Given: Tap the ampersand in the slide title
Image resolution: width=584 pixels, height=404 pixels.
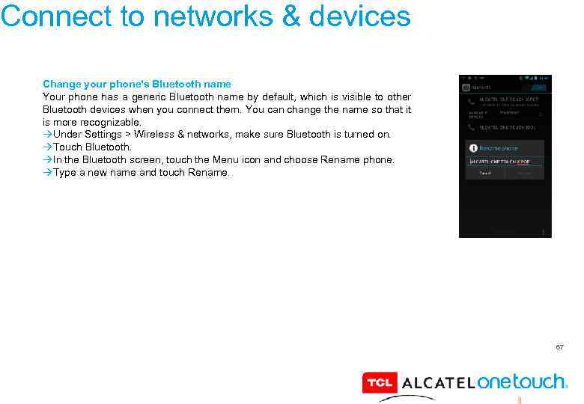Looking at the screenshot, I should click(291, 16).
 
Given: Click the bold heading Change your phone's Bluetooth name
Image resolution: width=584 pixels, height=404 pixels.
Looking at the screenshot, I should click(137, 84).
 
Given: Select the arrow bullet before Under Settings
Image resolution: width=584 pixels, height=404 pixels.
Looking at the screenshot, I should click(48, 135).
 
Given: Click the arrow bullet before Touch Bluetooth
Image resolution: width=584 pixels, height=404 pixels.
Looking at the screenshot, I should click(48, 147).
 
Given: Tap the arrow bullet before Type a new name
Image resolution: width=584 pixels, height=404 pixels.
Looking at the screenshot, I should click(48, 173).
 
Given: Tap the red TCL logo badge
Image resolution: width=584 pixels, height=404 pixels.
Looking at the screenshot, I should click(380, 383).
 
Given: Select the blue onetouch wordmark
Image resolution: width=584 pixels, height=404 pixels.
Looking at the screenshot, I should click(522, 382).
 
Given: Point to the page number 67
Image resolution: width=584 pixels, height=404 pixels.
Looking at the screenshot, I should click(559, 347).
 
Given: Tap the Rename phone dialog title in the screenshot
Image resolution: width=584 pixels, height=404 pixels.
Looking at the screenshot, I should click(498, 148).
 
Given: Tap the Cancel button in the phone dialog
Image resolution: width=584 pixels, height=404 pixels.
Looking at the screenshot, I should click(485, 173).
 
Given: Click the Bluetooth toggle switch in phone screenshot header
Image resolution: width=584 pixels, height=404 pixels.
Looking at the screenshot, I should click(538, 87).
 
